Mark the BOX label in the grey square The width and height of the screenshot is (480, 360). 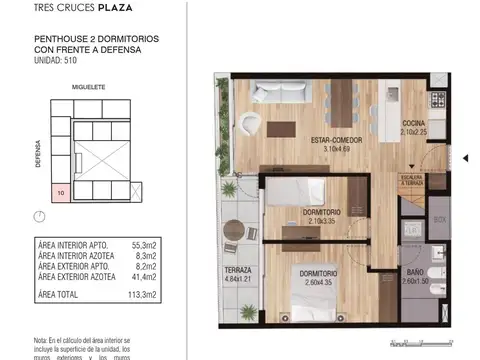tap(438, 219)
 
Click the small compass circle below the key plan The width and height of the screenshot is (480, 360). tap(39, 217)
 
